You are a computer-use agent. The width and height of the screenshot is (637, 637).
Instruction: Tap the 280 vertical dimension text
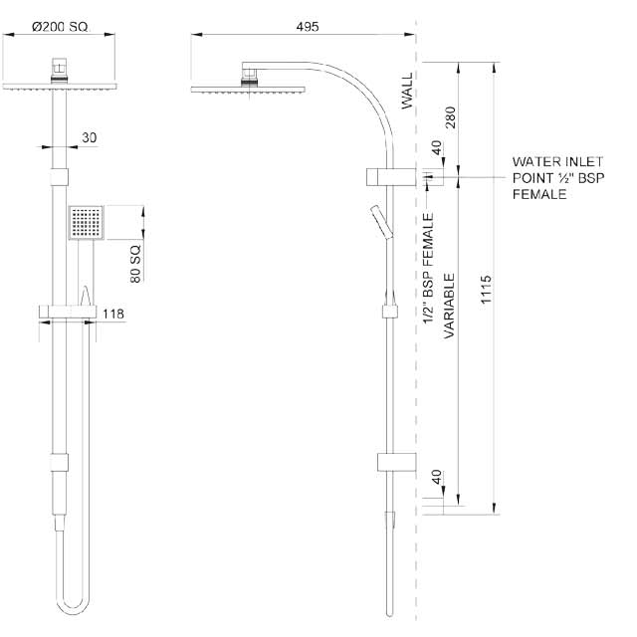click(450, 117)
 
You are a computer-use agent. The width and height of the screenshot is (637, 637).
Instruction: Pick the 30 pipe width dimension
click(90, 138)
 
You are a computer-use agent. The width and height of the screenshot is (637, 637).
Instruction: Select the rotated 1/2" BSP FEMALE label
click(428, 269)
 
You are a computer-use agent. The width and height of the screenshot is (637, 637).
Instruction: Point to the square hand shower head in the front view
click(86, 223)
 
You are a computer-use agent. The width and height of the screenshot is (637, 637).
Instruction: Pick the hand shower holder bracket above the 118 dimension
click(69, 313)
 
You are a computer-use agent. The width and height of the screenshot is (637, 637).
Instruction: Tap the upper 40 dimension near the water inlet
click(435, 146)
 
